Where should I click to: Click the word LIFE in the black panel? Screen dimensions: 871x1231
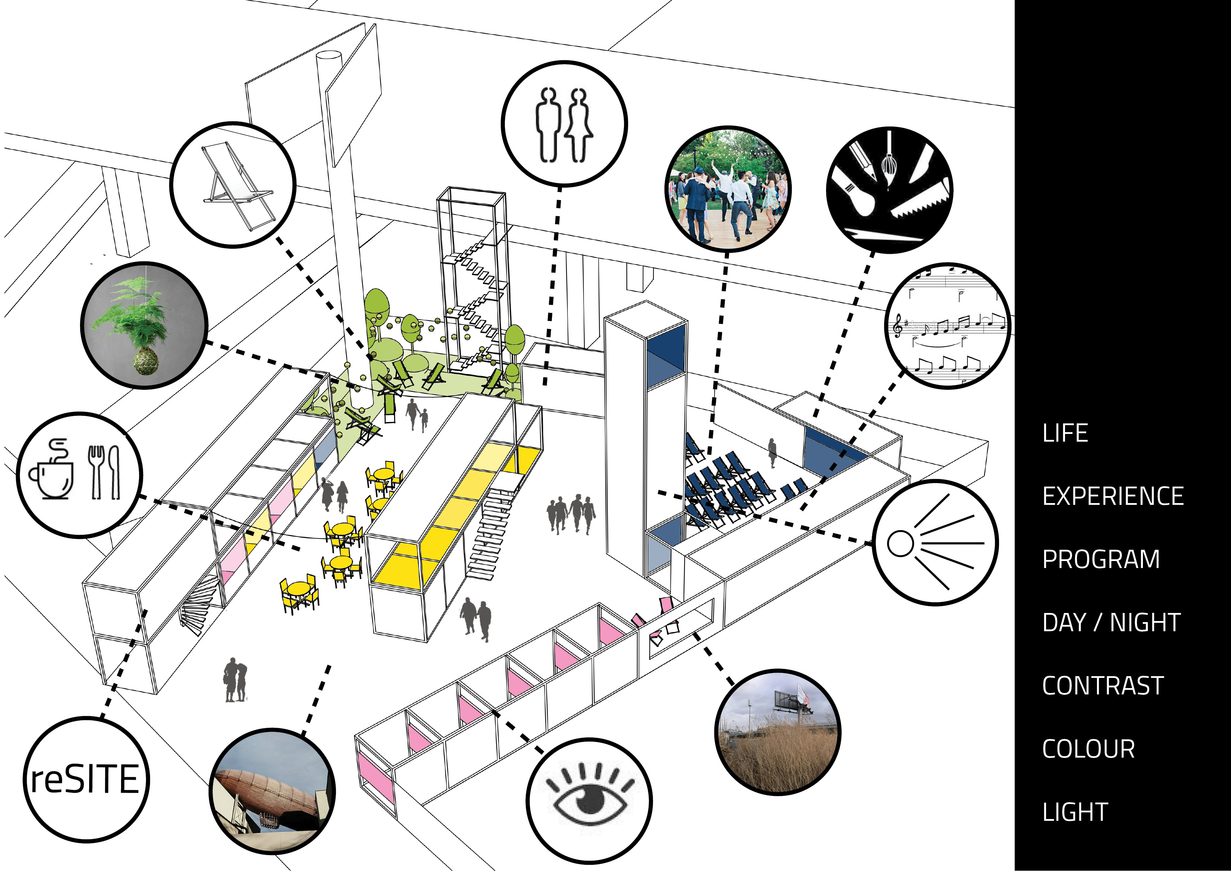(1065, 433)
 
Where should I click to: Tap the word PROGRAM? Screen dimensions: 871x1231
(1101, 559)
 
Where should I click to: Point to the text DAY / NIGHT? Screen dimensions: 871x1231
(1111, 623)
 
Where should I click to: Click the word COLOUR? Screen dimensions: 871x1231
(1089, 749)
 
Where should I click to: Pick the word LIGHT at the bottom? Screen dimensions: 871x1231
(1075, 812)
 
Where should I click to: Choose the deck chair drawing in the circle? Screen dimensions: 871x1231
(236, 185)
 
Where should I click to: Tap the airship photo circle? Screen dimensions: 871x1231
(272, 791)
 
